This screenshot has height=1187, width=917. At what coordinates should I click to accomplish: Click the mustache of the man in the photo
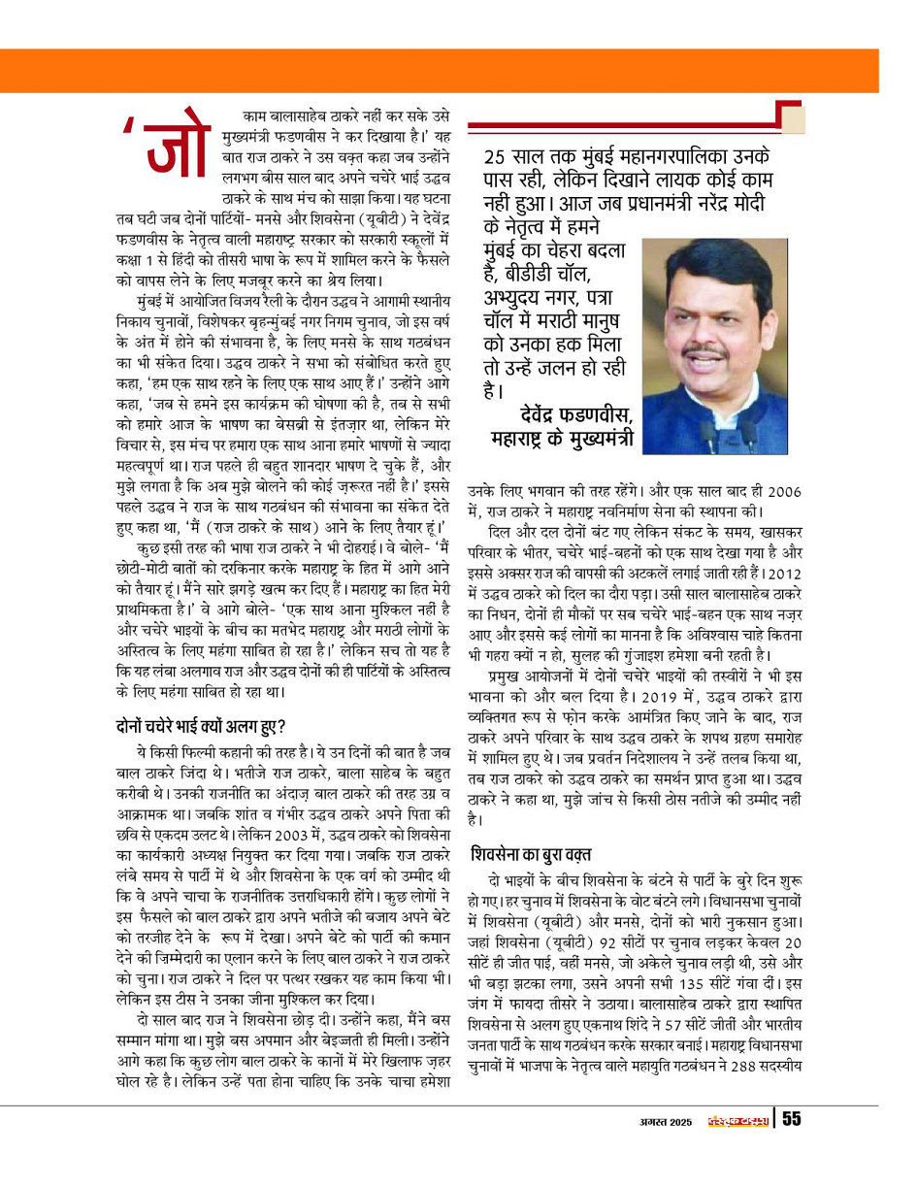point(713,350)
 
